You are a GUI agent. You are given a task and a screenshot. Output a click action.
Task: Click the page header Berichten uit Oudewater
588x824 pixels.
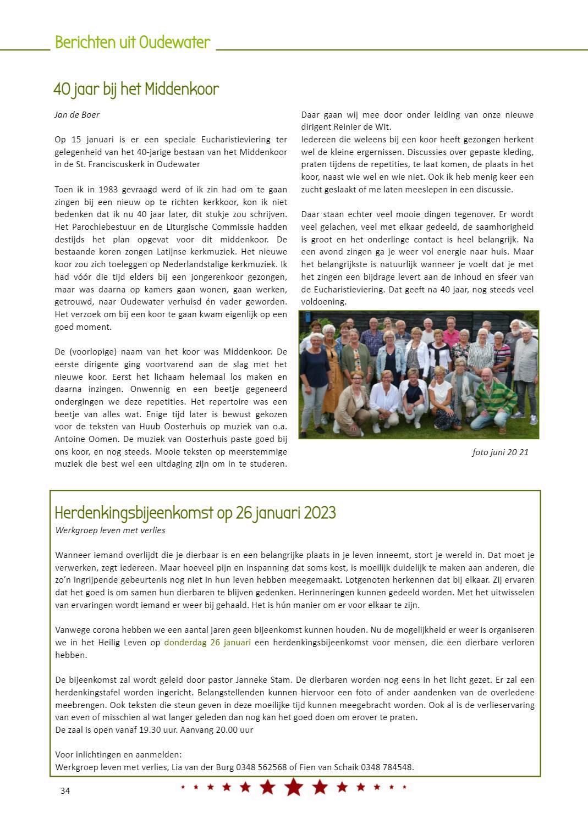click(x=133, y=43)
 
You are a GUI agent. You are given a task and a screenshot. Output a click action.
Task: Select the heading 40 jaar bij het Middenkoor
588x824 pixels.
click(x=136, y=90)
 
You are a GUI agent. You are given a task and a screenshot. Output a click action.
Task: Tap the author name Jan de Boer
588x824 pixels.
click(x=77, y=115)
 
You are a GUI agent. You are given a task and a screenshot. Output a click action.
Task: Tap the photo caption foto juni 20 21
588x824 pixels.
click(x=500, y=452)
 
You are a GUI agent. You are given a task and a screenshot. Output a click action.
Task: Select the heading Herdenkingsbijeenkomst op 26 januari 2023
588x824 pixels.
click(x=195, y=513)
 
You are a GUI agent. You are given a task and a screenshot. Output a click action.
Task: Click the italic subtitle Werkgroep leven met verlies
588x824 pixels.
click(x=110, y=530)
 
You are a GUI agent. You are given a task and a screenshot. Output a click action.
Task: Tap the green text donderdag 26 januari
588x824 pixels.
click(x=207, y=642)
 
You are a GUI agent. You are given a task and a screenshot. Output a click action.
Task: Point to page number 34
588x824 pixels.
click(x=65, y=791)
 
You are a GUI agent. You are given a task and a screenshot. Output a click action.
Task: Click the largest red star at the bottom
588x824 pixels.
click(x=294, y=787)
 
